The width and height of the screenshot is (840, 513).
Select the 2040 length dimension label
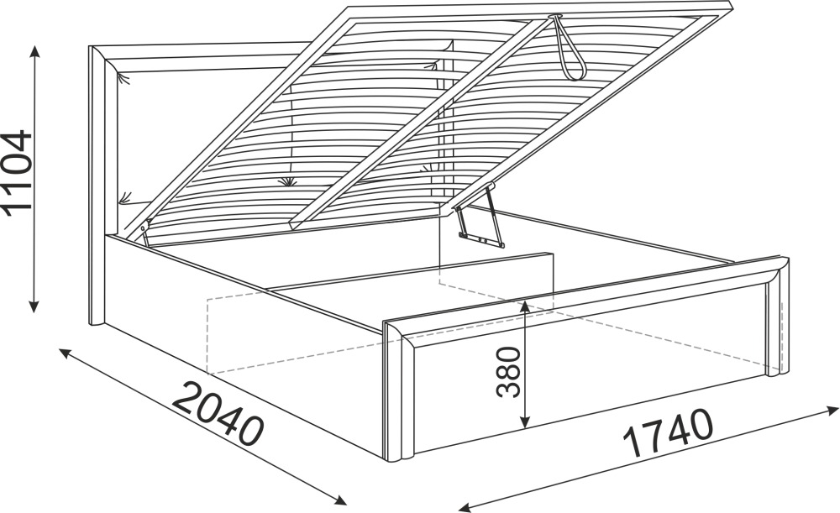[x=219, y=413]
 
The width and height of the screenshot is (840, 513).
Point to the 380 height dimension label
[x=508, y=372]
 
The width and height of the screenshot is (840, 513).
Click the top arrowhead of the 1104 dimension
[x=34, y=51]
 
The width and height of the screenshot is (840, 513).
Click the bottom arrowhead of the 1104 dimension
[x=34, y=306]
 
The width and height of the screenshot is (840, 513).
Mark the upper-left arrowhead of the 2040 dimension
[x=65, y=353]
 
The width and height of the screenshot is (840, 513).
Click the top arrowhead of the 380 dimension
[x=525, y=306]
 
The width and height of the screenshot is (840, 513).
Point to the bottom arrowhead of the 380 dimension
[x=526, y=422]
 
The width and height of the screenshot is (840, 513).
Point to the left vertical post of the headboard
[x=97, y=186]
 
